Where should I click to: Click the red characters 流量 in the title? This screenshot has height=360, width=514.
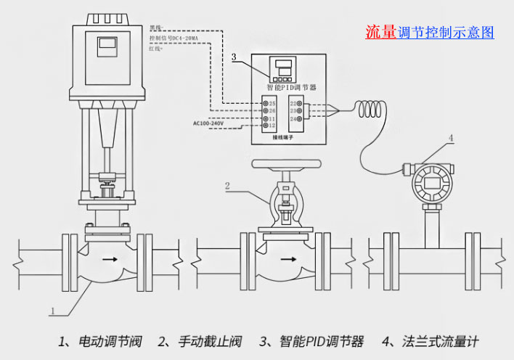pos(381,32)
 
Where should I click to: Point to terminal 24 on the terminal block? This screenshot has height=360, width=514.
pos(295,118)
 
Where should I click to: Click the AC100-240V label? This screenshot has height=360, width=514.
pos(209,123)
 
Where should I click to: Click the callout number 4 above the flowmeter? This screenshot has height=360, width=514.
pos(451,137)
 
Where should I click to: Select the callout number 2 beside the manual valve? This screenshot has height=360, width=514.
pos(227,186)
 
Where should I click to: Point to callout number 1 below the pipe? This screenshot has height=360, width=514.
pos(53,311)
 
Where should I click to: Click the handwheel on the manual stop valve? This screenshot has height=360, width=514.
pos(285,165)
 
